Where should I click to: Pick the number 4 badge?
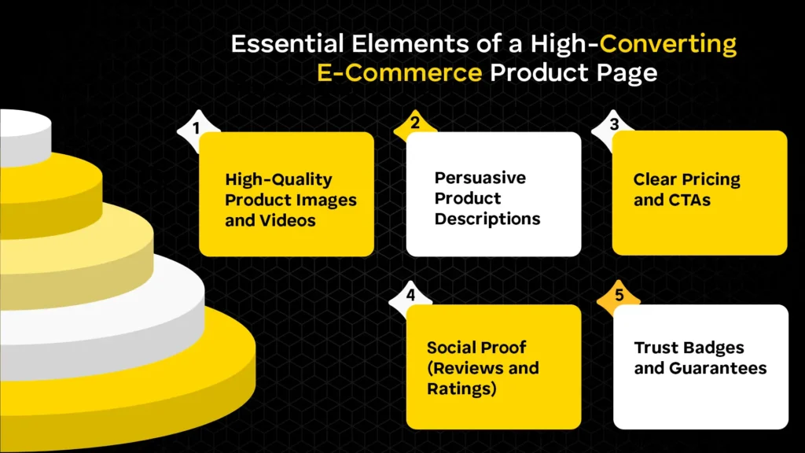point(410,296)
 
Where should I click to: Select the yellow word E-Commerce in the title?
point(399,73)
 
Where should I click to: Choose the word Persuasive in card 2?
point(480,178)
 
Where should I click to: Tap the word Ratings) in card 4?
point(461,389)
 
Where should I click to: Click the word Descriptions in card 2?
point(487,219)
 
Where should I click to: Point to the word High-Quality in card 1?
point(278,179)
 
